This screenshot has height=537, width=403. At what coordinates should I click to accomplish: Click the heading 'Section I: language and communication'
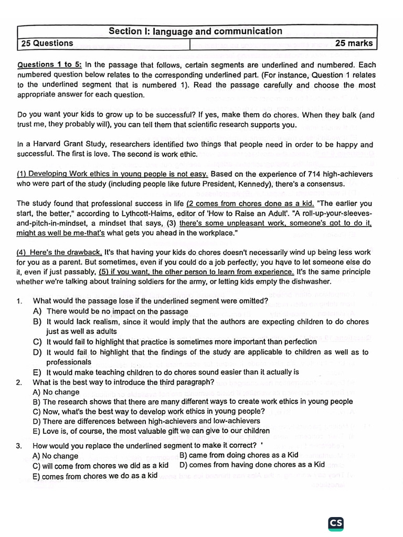pos(195,31)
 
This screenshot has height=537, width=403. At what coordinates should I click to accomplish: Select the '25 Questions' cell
pos(47,44)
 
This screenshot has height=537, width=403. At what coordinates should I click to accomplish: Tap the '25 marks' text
pos(354,44)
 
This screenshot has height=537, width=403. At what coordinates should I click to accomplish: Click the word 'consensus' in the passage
pos(326,184)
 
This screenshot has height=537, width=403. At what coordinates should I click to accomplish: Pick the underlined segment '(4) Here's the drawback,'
pos(60,252)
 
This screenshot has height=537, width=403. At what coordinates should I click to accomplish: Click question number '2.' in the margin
pos(19,382)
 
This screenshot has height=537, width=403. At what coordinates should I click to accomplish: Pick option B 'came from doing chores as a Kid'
pos(239,455)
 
